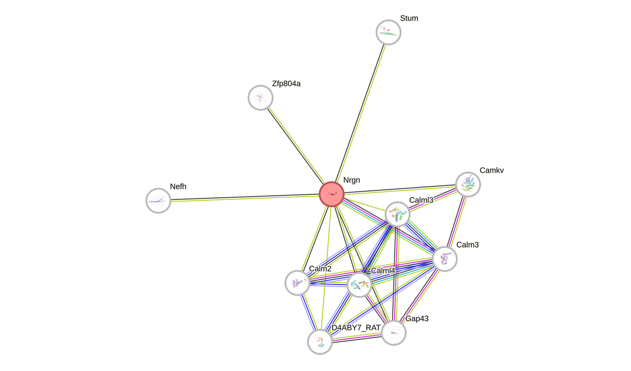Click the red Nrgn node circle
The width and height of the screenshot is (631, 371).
pos(332,194)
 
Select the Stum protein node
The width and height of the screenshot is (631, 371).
pos(388,32)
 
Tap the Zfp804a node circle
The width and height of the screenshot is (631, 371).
pos(261,98)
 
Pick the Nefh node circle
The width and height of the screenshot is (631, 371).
pos(158,200)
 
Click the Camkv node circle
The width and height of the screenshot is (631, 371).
pos(468,185)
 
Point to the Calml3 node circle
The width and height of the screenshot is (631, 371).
pos(397,214)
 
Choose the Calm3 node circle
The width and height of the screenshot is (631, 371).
pos(445,259)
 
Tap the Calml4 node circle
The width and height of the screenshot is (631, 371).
pos(359,285)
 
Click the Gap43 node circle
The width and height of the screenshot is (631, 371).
pos(394,333)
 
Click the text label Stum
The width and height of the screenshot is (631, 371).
pos(409,18)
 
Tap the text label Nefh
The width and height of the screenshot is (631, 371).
pos(178,186)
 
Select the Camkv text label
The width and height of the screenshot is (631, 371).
pos(492,170)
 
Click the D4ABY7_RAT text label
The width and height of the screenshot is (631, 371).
pos(356,328)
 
